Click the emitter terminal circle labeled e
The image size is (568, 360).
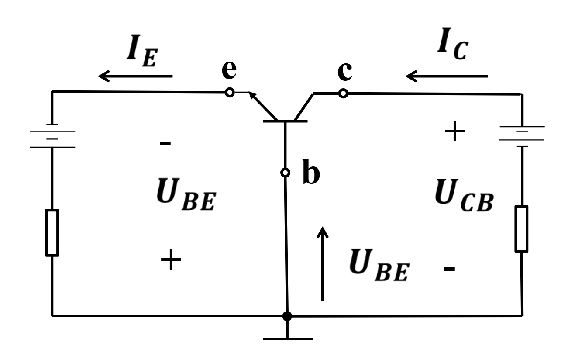click(x=230, y=92)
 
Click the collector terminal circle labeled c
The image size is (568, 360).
click(x=343, y=93)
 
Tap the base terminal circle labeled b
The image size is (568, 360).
click(x=285, y=173)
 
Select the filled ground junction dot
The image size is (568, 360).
click(x=287, y=316)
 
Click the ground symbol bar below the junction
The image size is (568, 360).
click(x=288, y=339)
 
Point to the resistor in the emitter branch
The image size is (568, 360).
click(x=52, y=232)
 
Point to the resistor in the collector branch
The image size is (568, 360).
click(x=521, y=229)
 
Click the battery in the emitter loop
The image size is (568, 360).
click(x=52, y=135)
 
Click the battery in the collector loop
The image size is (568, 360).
click(x=522, y=136)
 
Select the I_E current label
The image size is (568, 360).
click(x=142, y=51)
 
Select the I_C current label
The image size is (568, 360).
click(x=453, y=43)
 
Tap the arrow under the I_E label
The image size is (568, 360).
click(x=135, y=76)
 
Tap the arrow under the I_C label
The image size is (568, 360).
click(x=447, y=76)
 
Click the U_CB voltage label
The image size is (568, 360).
click(x=464, y=195)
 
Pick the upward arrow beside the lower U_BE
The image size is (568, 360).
click(x=323, y=264)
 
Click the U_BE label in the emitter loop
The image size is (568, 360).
click(x=186, y=194)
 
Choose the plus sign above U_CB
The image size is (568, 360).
click(x=454, y=131)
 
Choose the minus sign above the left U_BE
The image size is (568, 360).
click(x=165, y=144)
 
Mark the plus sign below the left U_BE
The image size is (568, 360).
click(x=171, y=259)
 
